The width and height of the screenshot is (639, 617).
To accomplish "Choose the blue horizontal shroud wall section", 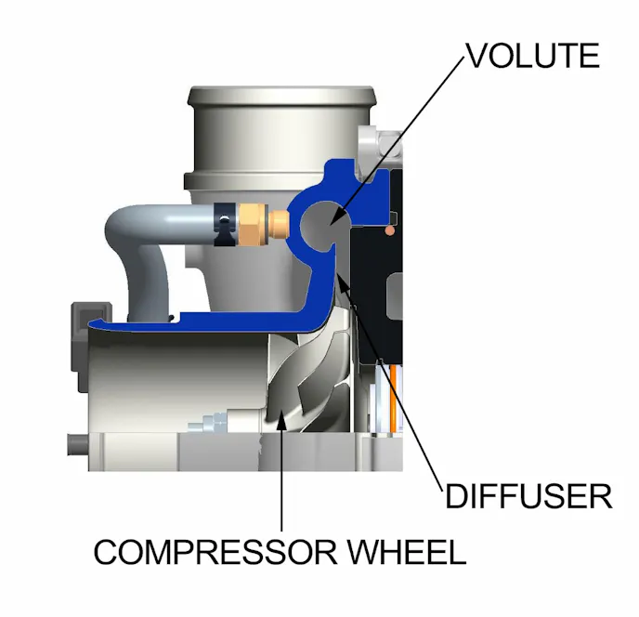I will click(x=204, y=323).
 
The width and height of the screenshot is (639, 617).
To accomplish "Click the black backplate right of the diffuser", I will click(x=372, y=297).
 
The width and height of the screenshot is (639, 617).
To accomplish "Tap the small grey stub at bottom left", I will click(x=74, y=443).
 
